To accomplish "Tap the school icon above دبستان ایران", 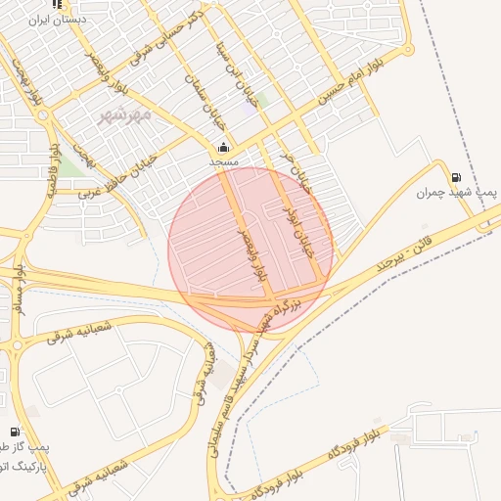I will click(58, 4).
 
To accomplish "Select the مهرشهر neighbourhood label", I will click(125, 115).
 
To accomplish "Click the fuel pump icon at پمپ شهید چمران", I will click(457, 177).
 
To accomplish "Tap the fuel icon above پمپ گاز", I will click(14, 432).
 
